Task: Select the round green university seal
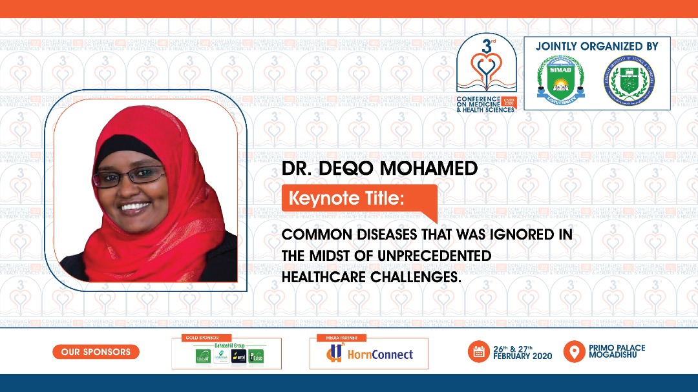[x=629, y=81]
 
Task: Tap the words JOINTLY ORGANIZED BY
[x=597, y=46]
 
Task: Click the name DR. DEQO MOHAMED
[x=379, y=169]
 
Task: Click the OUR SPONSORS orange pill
[x=96, y=352]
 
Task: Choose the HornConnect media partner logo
[x=369, y=354]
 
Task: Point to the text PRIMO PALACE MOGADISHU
[x=617, y=352]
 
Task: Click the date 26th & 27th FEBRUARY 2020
[x=523, y=352]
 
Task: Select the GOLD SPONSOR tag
[x=197, y=338]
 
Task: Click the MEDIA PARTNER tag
[x=341, y=338]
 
